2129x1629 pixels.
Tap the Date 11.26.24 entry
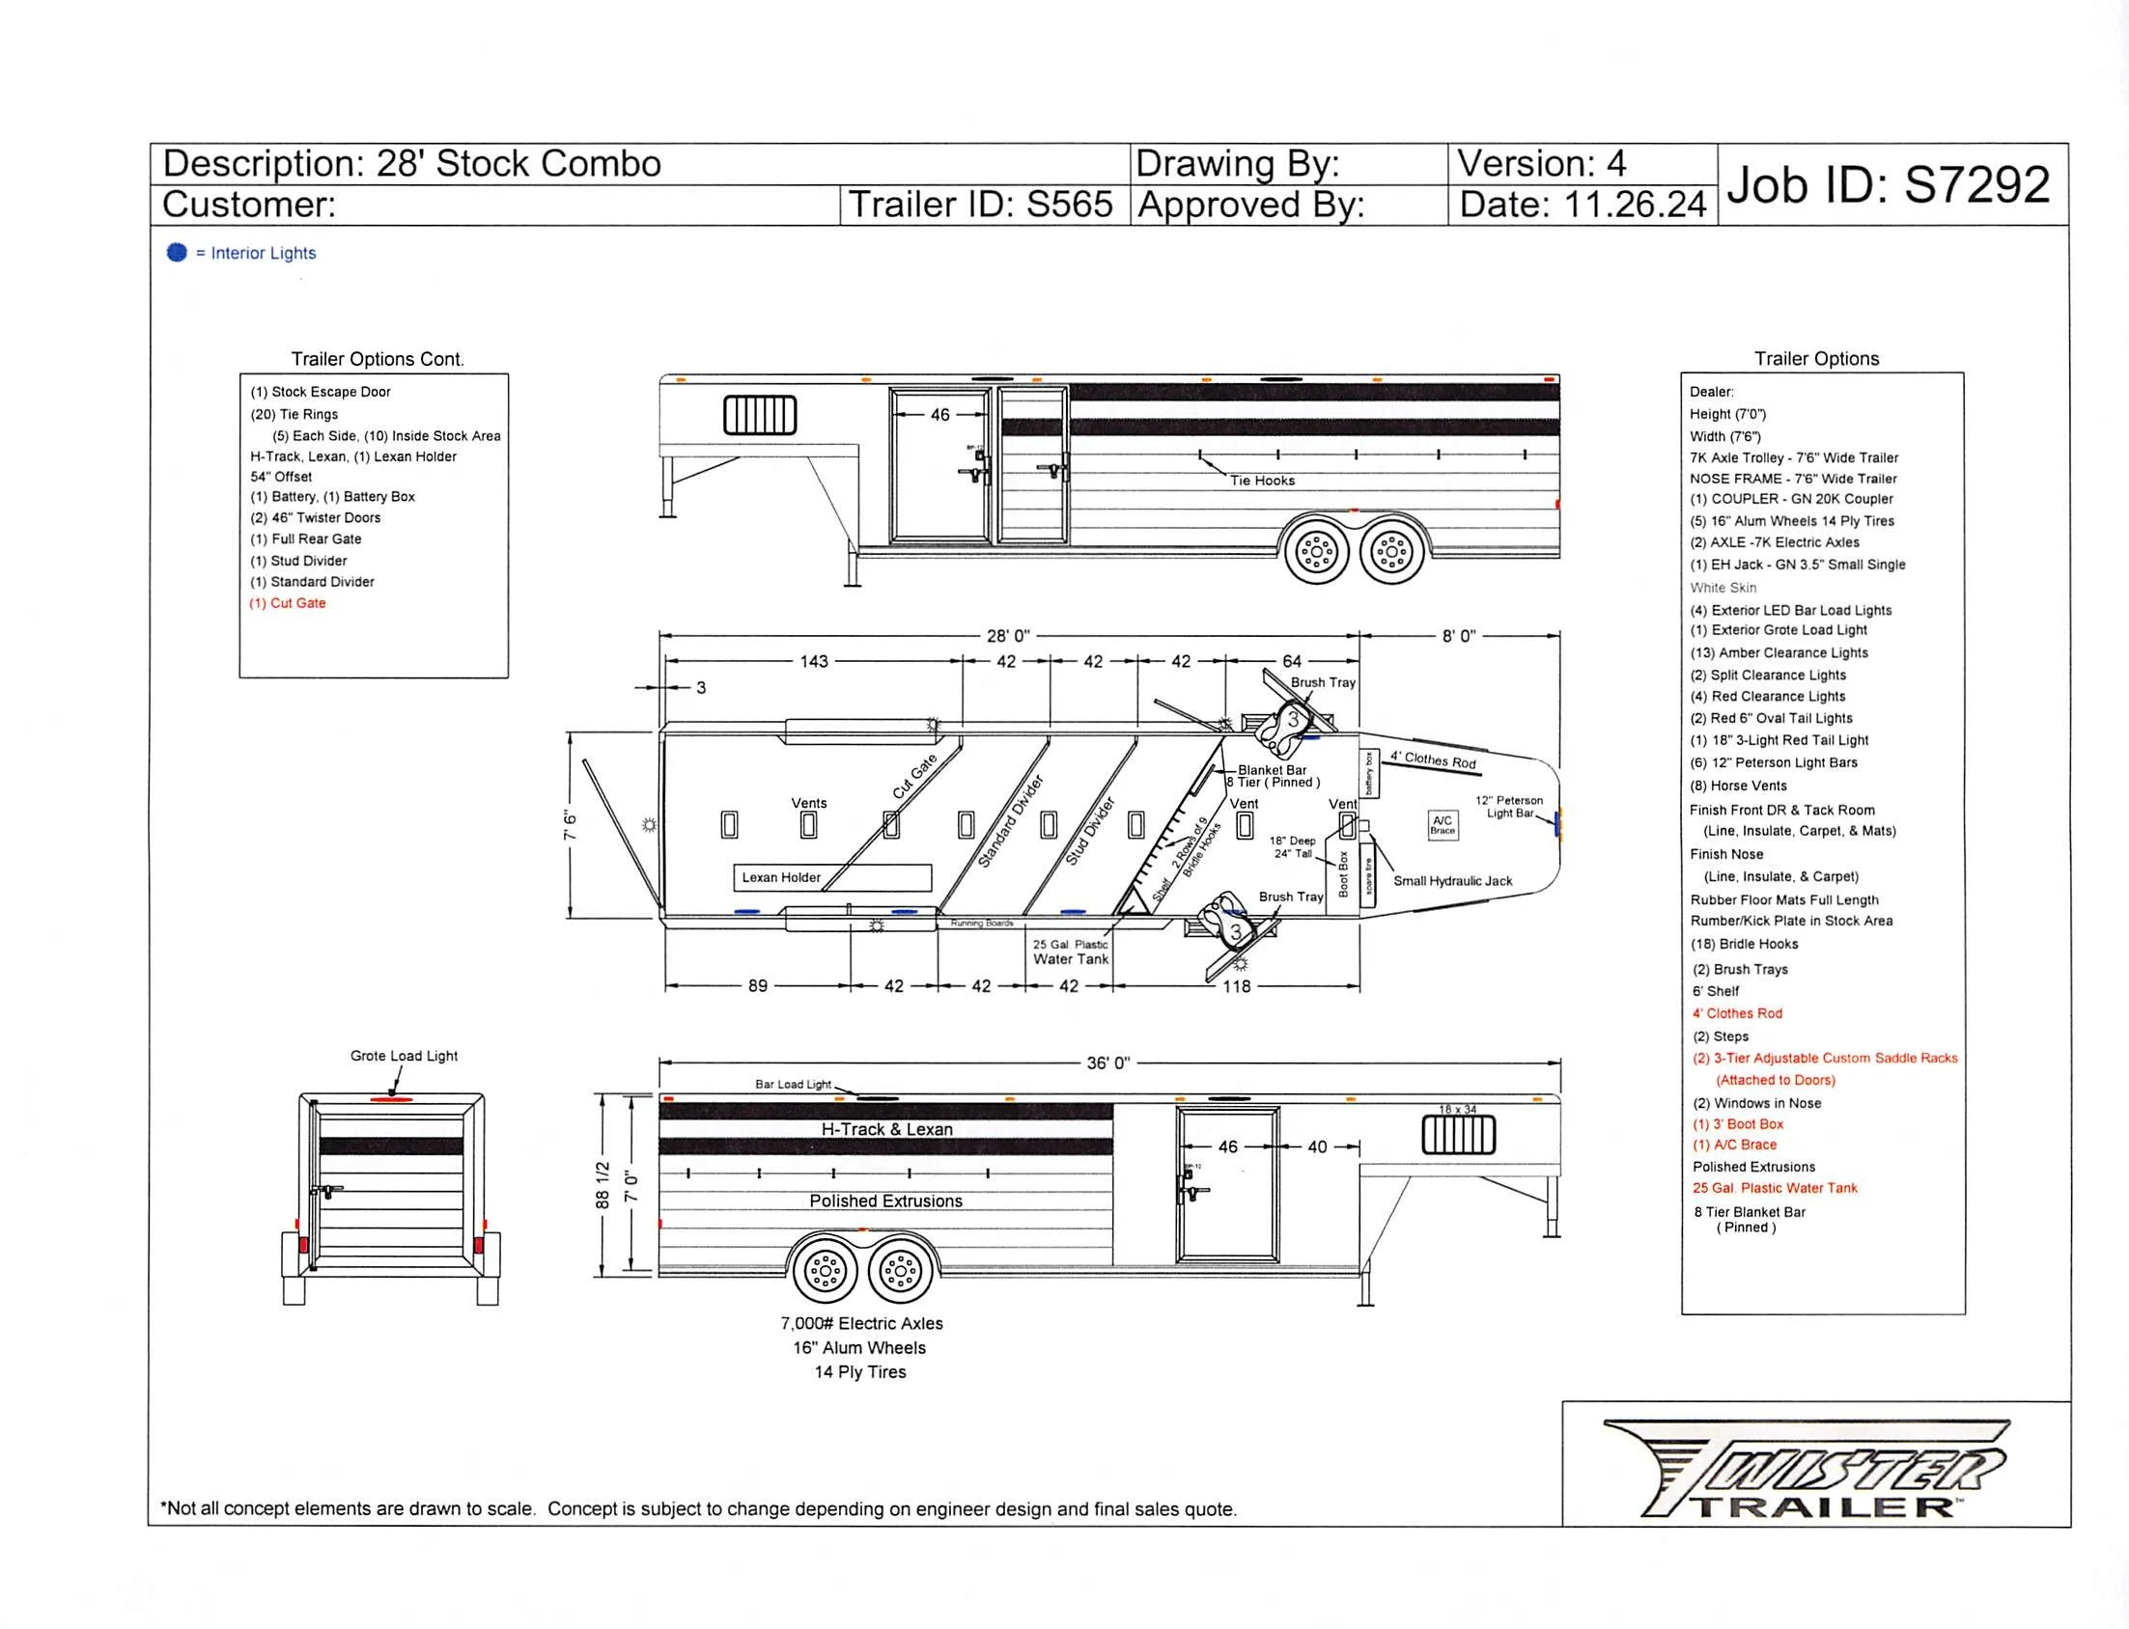tap(1582, 205)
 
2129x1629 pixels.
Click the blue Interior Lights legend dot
tap(177, 252)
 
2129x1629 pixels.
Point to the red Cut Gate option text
tap(288, 603)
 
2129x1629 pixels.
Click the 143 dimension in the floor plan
tap(814, 661)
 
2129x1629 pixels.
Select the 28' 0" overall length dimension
tap(1008, 636)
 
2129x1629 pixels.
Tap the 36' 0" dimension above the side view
tap(1107, 1063)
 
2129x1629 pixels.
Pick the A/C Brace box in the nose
tap(1443, 825)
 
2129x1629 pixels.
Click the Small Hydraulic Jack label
tap(1452, 880)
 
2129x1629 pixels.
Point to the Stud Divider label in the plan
tap(1091, 831)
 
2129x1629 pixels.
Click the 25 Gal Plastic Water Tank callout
tap(1070, 953)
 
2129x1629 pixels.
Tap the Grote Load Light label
tap(404, 1056)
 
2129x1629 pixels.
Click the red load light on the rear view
tap(392, 1099)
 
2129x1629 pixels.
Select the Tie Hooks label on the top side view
tap(1262, 481)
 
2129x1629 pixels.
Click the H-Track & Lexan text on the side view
tap(886, 1130)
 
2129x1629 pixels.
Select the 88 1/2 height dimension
tap(602, 1185)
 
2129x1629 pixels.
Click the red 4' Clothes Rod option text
tap(1737, 1013)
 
